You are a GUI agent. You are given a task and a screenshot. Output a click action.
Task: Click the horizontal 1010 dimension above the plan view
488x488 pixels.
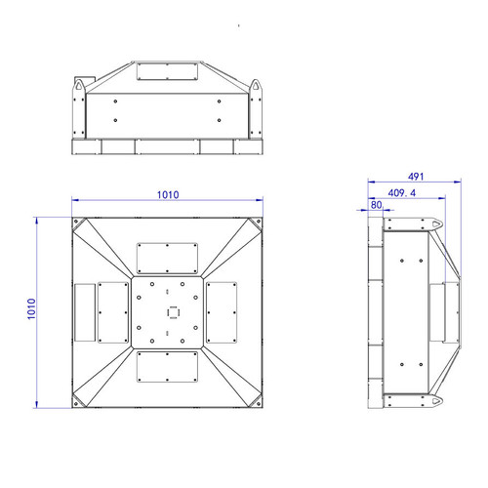(x=168, y=194)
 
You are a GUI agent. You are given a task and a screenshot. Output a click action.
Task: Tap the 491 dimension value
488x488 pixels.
(x=415, y=177)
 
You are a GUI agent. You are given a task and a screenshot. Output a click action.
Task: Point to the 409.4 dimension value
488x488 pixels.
(x=402, y=194)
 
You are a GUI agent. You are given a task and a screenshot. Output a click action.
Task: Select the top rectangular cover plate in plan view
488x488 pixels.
(x=169, y=257)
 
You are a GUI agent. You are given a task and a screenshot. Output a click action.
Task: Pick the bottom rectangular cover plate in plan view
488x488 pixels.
(x=169, y=369)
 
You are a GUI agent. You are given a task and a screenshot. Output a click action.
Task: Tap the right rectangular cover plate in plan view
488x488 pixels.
(x=224, y=312)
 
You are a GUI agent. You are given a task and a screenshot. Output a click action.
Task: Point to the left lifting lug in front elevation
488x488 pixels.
(x=77, y=89)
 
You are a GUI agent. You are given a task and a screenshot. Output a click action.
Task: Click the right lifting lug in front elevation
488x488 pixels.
(x=259, y=89)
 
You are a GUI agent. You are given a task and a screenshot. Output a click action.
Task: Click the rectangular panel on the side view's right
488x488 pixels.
(x=450, y=312)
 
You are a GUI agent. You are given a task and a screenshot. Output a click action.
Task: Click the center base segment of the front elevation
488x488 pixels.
(x=168, y=146)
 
